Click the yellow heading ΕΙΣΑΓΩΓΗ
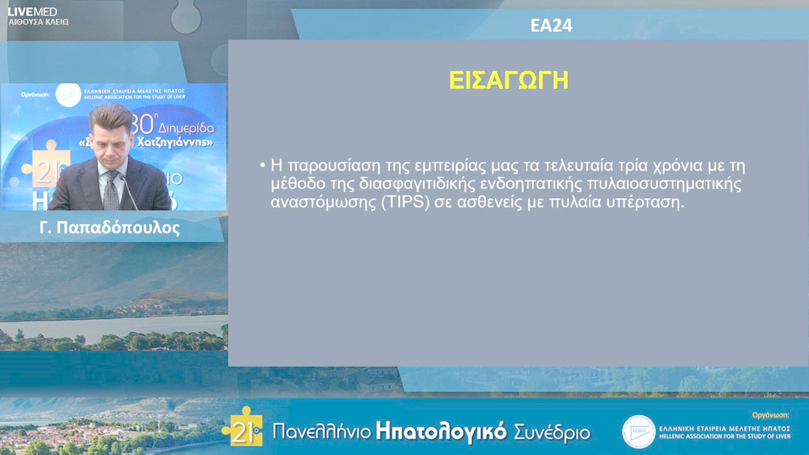509,80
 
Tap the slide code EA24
551,25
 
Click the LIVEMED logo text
32,11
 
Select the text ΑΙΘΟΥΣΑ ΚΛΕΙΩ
38,22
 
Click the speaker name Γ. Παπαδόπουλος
109,228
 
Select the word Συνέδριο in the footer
551,432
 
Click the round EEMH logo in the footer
638,432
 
